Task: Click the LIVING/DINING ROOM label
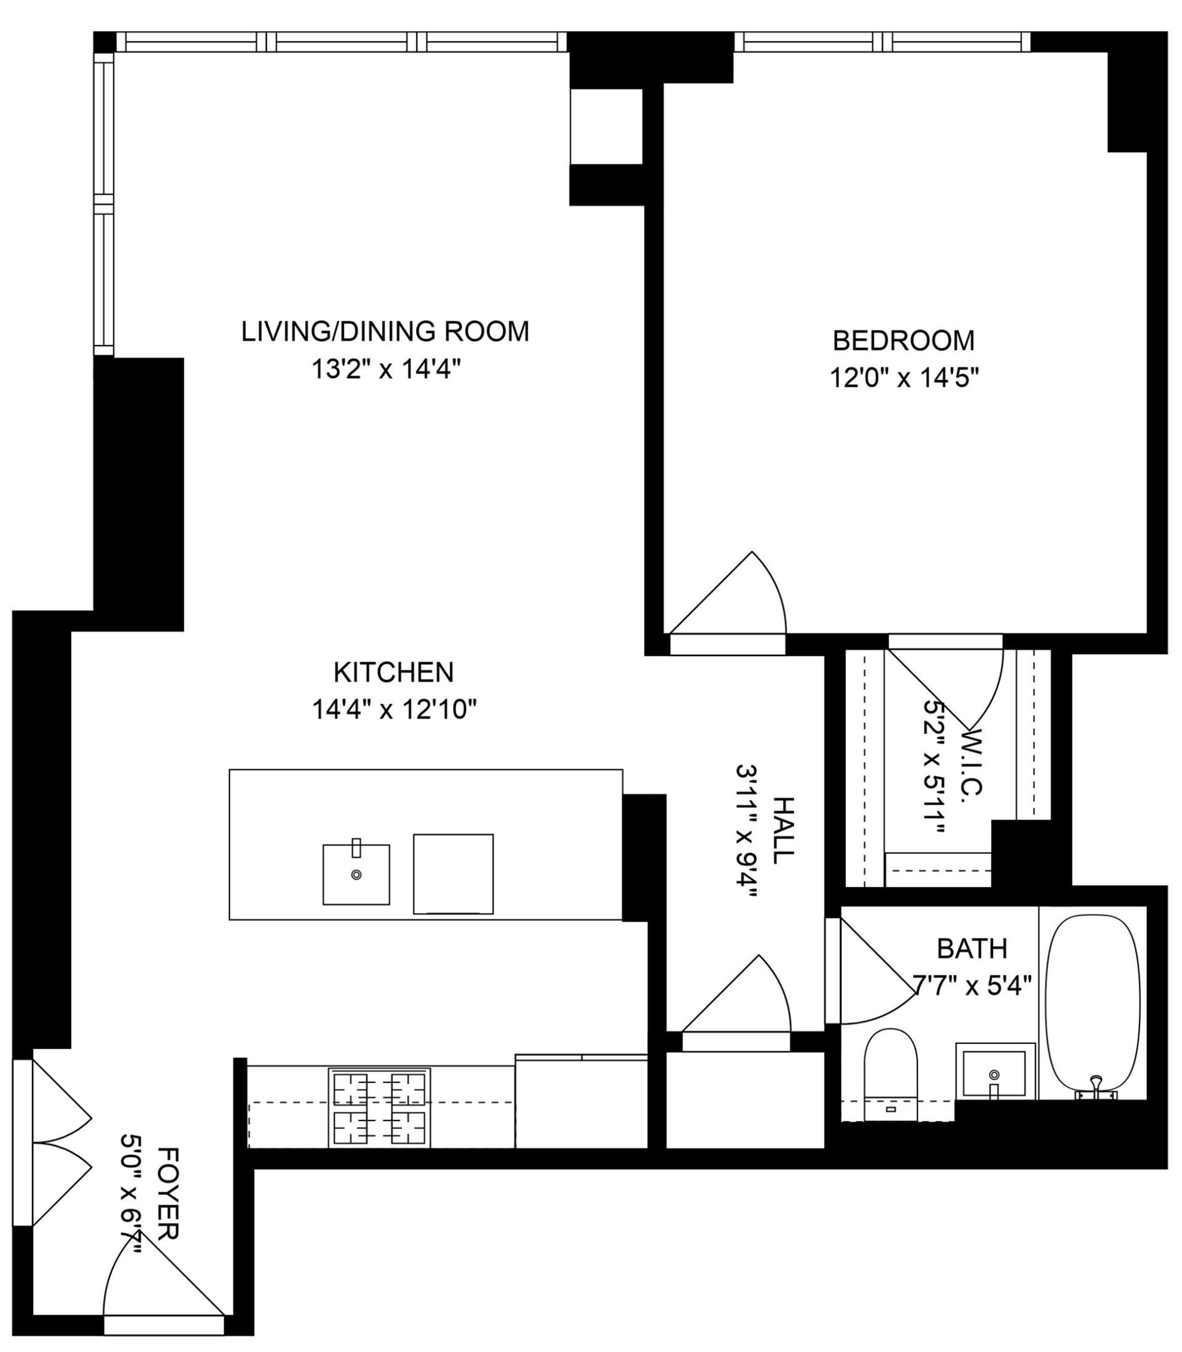[x=385, y=331]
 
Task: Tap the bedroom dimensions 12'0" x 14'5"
[x=903, y=379]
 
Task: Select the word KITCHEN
[x=394, y=672]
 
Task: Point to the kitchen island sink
[x=355, y=874]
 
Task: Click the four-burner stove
[x=379, y=1108]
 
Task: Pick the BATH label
[x=972, y=949]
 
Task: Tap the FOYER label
[x=168, y=1185]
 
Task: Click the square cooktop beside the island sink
[x=453, y=874]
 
